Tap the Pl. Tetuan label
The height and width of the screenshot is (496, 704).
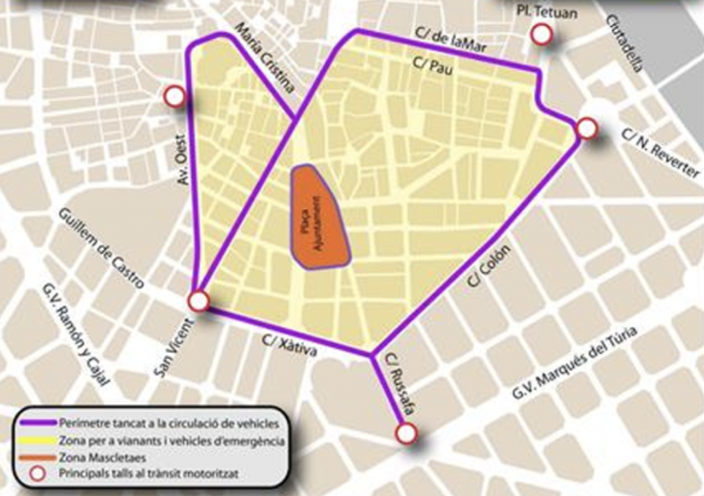pyautogui.click(x=547, y=12)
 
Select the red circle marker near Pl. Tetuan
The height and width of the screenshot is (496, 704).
pyautogui.click(x=542, y=34)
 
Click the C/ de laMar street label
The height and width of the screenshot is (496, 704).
pyautogui.click(x=451, y=41)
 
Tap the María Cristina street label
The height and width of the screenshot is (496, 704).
pyautogui.click(x=265, y=58)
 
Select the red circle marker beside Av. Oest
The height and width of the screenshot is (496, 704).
pyautogui.click(x=175, y=97)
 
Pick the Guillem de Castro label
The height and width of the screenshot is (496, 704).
pyautogui.click(x=101, y=247)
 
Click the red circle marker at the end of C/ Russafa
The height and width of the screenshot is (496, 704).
pyautogui.click(x=406, y=433)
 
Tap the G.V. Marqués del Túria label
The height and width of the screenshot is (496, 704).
pyautogui.click(x=575, y=362)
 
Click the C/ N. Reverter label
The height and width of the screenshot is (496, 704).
pyautogui.click(x=660, y=153)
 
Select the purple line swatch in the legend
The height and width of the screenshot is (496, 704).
pyautogui.click(x=37, y=423)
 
